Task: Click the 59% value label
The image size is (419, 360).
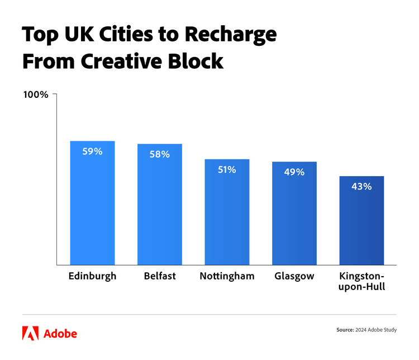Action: point(92,151)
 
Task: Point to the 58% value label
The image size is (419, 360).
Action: point(160,154)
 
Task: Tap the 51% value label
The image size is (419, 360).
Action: point(227,169)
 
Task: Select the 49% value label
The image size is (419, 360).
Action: point(294,172)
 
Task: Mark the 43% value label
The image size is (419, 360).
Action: point(361,187)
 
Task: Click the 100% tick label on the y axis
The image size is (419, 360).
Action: point(36,94)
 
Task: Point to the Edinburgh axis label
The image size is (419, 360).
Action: point(92,276)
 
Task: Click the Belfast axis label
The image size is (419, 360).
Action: point(160,276)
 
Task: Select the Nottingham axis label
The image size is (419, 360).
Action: point(227,276)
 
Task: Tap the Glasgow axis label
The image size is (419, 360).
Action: point(294,276)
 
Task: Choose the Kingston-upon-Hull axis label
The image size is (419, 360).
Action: point(362,282)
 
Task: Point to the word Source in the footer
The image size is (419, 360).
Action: point(345,330)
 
